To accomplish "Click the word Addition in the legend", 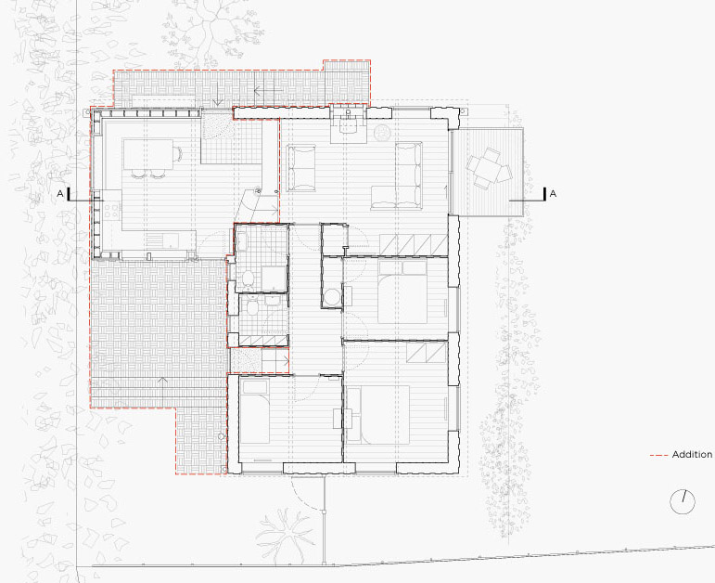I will [x=692, y=455].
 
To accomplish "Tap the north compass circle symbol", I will [x=683, y=501].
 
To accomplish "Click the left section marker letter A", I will [x=60, y=193].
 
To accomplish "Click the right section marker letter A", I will [x=553, y=193].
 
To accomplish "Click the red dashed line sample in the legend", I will [x=658, y=455].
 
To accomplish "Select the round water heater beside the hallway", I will [x=332, y=296].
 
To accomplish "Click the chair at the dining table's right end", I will [x=176, y=152].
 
